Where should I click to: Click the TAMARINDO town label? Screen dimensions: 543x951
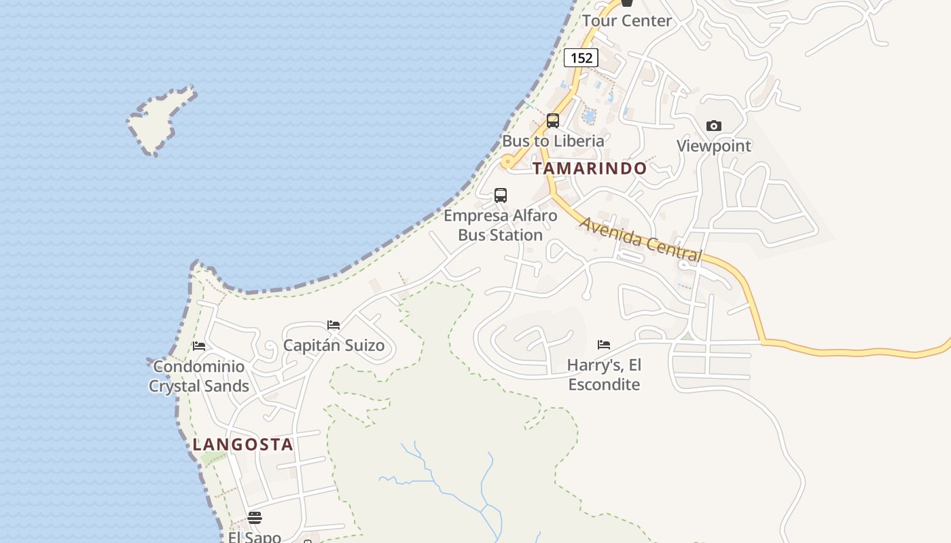pos(590,168)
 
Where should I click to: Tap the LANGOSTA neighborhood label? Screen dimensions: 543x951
pos(243,445)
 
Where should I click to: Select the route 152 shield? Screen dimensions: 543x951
pos(581,58)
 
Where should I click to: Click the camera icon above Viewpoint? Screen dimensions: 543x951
pos(713,126)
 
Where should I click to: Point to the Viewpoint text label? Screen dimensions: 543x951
pos(714,146)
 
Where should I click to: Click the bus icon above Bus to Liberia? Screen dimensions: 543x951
pos(553,121)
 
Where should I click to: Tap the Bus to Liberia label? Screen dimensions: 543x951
pos(553,141)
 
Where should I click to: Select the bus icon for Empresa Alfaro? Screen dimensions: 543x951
pos(501,195)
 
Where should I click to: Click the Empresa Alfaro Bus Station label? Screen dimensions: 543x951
pos(501,225)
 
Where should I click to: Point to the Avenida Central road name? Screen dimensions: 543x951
pos(640,239)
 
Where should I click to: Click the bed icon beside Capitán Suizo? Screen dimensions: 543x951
pos(334,324)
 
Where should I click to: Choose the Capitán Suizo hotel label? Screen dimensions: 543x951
pos(334,345)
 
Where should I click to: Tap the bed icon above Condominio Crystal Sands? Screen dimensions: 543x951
pos(199,346)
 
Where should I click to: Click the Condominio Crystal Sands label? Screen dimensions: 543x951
pos(198,377)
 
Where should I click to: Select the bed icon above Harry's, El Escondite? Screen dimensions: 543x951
pos(604,345)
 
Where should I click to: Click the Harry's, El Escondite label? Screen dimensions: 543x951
pos(604,375)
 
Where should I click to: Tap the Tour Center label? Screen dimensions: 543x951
pos(626,21)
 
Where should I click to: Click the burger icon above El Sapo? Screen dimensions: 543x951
pos(255,518)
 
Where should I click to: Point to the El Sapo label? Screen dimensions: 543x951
pos(255,537)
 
